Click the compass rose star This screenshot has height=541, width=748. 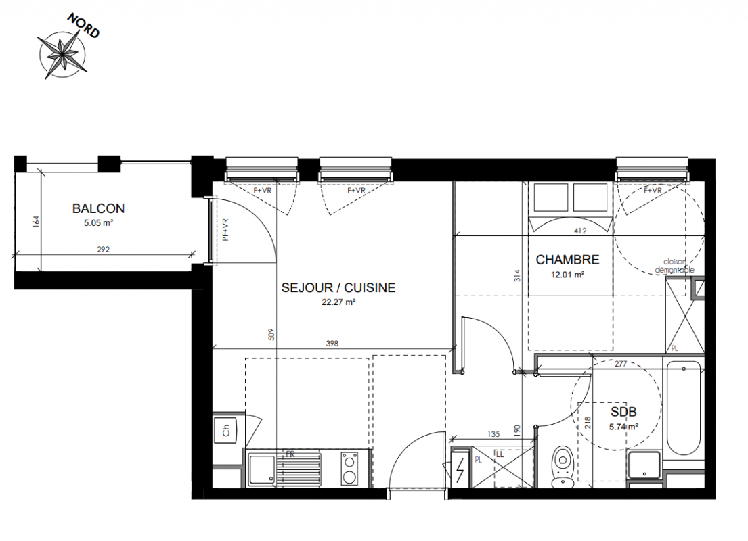click(62, 53)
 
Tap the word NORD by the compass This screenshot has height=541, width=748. click(83, 25)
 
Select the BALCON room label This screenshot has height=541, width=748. click(98, 208)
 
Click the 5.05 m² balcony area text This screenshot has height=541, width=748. click(98, 222)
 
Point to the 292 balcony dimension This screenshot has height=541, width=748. click(103, 249)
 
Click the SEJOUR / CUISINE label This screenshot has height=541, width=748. click(338, 288)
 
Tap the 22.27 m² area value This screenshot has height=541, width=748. click(338, 302)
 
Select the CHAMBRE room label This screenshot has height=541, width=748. click(567, 260)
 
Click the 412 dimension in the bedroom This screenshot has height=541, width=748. click(581, 231)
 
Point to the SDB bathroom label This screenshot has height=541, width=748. click(623, 412)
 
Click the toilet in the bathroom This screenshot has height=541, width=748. click(563, 467)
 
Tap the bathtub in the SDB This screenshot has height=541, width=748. click(684, 408)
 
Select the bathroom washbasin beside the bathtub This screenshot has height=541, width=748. click(644, 465)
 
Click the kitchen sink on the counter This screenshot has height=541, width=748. click(261, 469)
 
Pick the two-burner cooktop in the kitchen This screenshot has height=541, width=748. click(350, 469)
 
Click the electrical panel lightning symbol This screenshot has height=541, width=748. click(460, 469)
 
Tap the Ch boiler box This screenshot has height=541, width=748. click(226, 430)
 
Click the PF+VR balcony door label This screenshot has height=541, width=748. click(225, 230)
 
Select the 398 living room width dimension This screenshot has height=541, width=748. click(332, 343)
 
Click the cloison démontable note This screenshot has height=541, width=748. click(674, 266)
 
